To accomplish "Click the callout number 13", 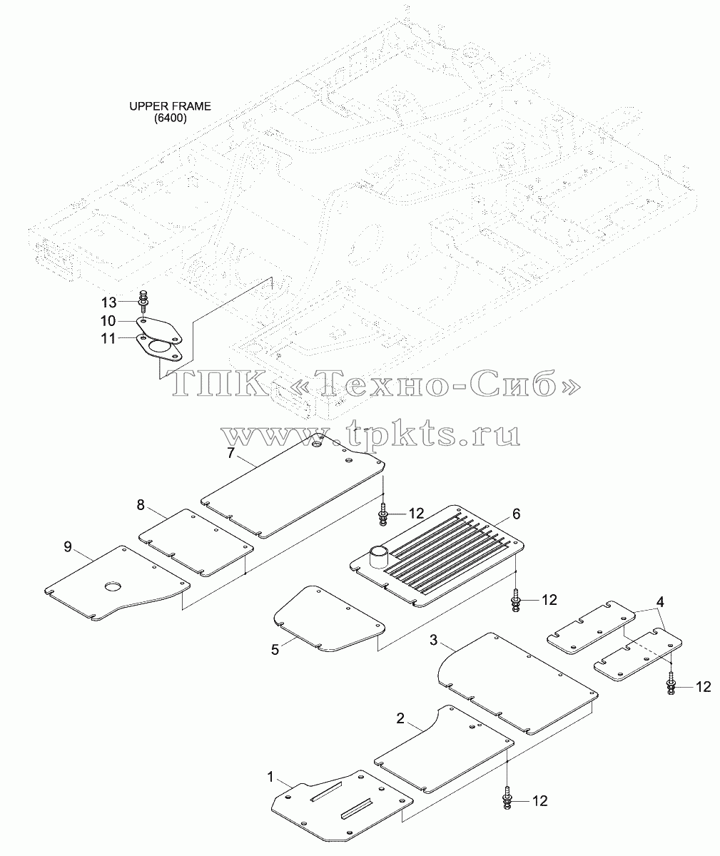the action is tap(108, 302).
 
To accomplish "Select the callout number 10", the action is tap(108, 320).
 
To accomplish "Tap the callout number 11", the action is tap(108, 339).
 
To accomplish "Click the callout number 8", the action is tap(141, 505).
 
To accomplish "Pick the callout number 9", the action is tap(68, 546).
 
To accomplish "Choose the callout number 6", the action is tap(516, 514).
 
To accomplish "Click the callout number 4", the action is tap(660, 602).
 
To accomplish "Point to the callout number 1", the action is tap(270, 777).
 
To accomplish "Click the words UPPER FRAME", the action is tap(170, 106).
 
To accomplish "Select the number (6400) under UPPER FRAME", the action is tap(171, 118).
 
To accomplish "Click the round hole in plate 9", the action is tap(113, 586).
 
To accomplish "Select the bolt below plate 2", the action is tap(507, 798).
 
